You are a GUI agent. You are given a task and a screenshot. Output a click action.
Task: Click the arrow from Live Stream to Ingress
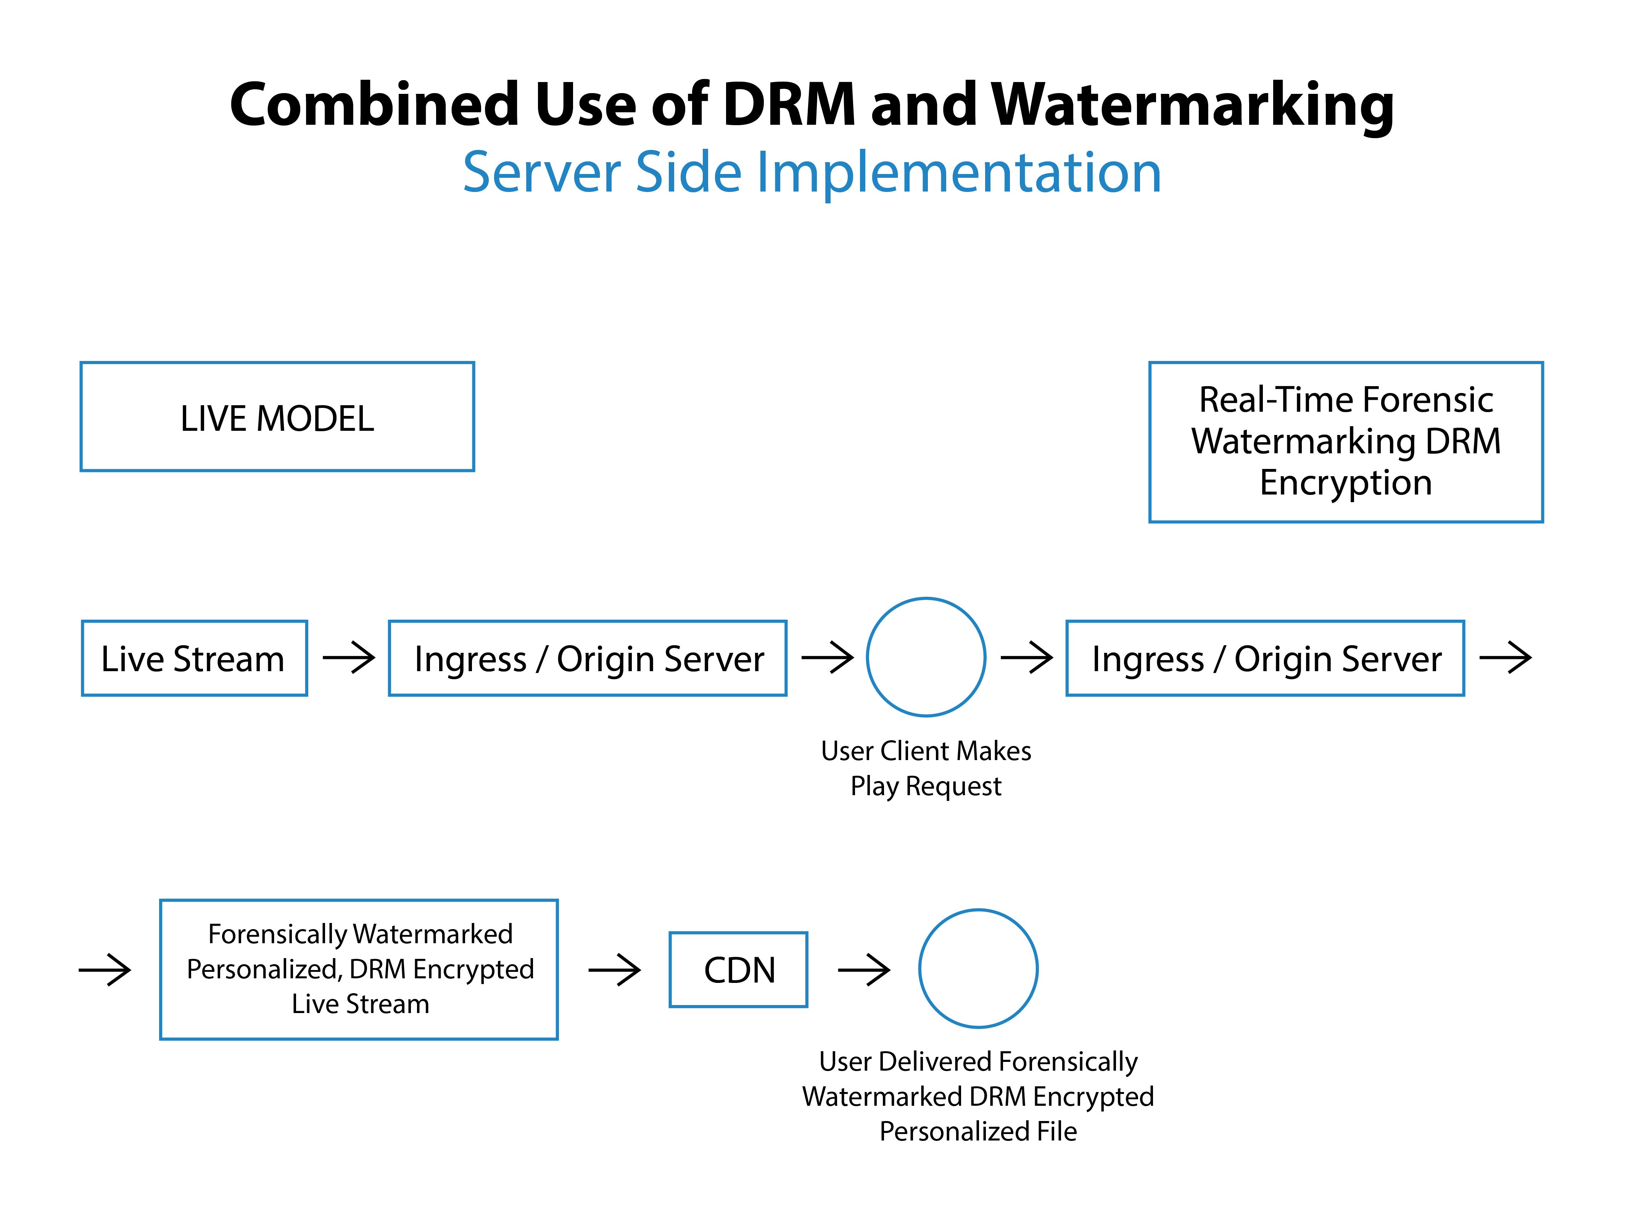coord(349,657)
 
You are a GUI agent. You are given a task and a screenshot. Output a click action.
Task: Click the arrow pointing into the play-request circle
coord(827,657)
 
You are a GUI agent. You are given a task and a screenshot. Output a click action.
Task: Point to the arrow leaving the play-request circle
coord(1027,657)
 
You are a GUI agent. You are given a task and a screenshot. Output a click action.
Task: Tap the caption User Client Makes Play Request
coord(926,768)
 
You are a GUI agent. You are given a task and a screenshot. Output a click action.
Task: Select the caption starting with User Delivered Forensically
coord(978,1096)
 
